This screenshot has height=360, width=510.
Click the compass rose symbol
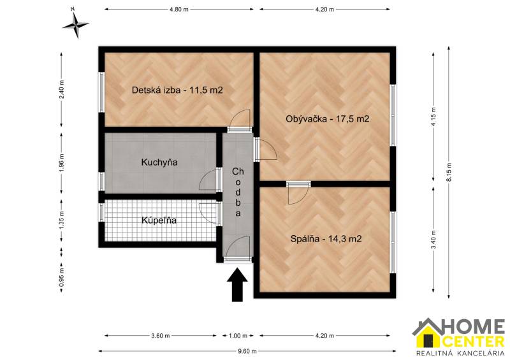tap(76, 25)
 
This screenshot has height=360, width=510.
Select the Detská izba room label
tap(177, 90)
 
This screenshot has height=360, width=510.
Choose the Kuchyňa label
tap(159, 162)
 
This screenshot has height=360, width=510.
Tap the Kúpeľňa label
tap(159, 220)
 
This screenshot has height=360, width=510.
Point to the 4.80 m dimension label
tap(179, 10)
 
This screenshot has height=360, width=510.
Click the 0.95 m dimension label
tap(62, 279)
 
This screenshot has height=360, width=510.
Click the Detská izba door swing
tap(240, 120)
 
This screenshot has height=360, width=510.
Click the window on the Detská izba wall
tap(101, 90)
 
